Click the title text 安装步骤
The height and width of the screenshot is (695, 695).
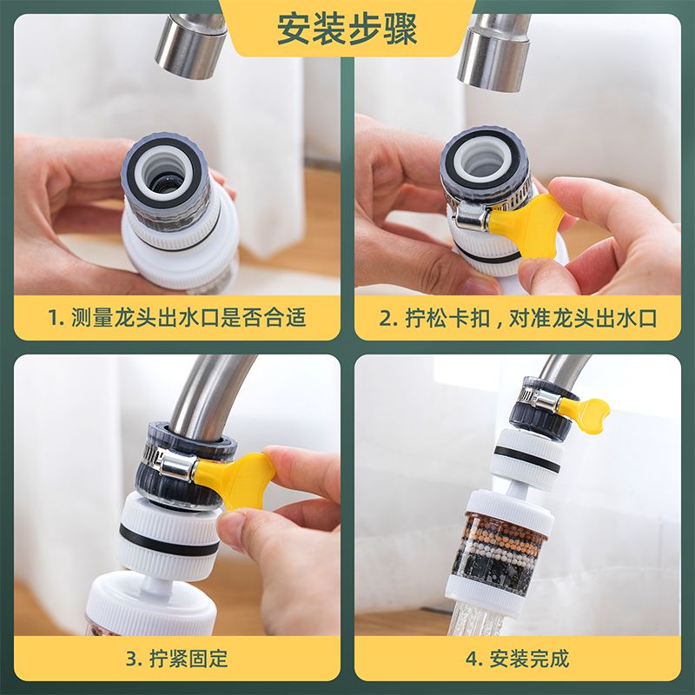coord(347,30)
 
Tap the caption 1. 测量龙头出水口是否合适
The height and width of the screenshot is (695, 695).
coord(177,317)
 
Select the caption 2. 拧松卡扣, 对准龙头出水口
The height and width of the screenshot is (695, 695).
coord(518,318)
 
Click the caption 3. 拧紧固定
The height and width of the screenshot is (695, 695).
coord(177,659)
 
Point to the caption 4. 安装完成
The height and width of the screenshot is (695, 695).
coord(517,659)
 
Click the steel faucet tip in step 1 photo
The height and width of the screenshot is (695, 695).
coord(190,47)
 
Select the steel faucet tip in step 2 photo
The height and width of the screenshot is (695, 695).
coord(494,52)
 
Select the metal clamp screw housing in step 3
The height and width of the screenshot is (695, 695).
coord(178,467)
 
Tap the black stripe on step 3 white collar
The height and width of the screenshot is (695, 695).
coord(169,541)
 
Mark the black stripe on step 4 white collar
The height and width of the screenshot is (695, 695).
coord(526,460)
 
